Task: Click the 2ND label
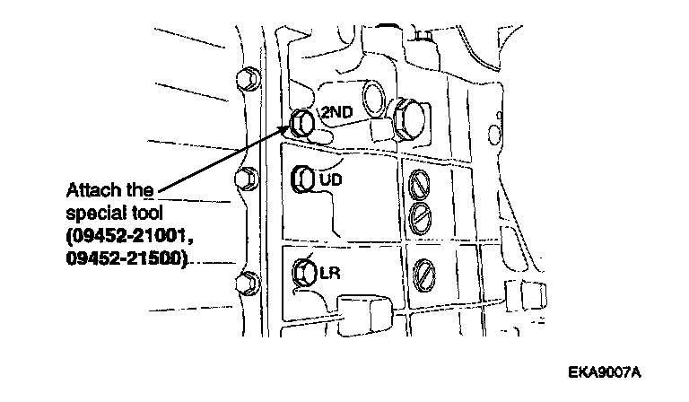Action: (336, 112)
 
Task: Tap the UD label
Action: (331, 179)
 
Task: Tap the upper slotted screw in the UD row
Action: (418, 184)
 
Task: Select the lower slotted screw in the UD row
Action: (418, 214)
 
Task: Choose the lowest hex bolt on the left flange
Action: (242, 283)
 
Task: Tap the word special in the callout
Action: (92, 214)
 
